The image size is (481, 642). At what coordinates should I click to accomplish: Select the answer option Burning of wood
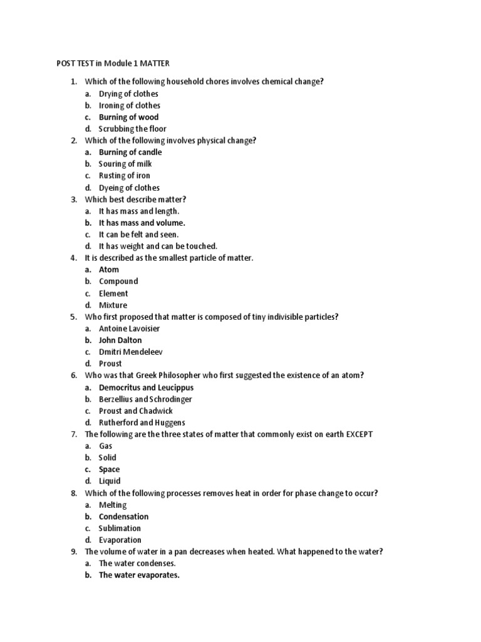128,117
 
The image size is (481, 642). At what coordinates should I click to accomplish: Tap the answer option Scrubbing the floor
132,129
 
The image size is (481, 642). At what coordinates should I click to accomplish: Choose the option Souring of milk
125,164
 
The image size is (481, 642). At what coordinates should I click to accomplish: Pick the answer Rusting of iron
124,176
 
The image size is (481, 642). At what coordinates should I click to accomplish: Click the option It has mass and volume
142,223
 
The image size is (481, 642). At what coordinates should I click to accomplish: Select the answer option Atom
108,270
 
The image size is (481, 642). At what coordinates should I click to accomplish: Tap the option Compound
118,282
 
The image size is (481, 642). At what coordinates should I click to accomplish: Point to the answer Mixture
113,305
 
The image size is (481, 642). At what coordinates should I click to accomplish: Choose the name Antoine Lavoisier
129,329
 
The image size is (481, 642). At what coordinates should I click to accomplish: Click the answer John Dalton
120,340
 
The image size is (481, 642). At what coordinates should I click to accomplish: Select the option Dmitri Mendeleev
130,352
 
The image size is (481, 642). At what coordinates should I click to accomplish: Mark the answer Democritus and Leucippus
146,387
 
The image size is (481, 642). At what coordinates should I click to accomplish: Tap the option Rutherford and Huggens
142,423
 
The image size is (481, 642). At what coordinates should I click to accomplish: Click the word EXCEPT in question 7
359,434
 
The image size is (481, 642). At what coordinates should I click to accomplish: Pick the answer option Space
109,470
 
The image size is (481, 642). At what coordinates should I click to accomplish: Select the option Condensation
123,517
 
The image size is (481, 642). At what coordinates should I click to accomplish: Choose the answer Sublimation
120,529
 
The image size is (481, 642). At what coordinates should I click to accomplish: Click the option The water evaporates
139,576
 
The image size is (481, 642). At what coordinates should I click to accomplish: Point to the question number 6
73,376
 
